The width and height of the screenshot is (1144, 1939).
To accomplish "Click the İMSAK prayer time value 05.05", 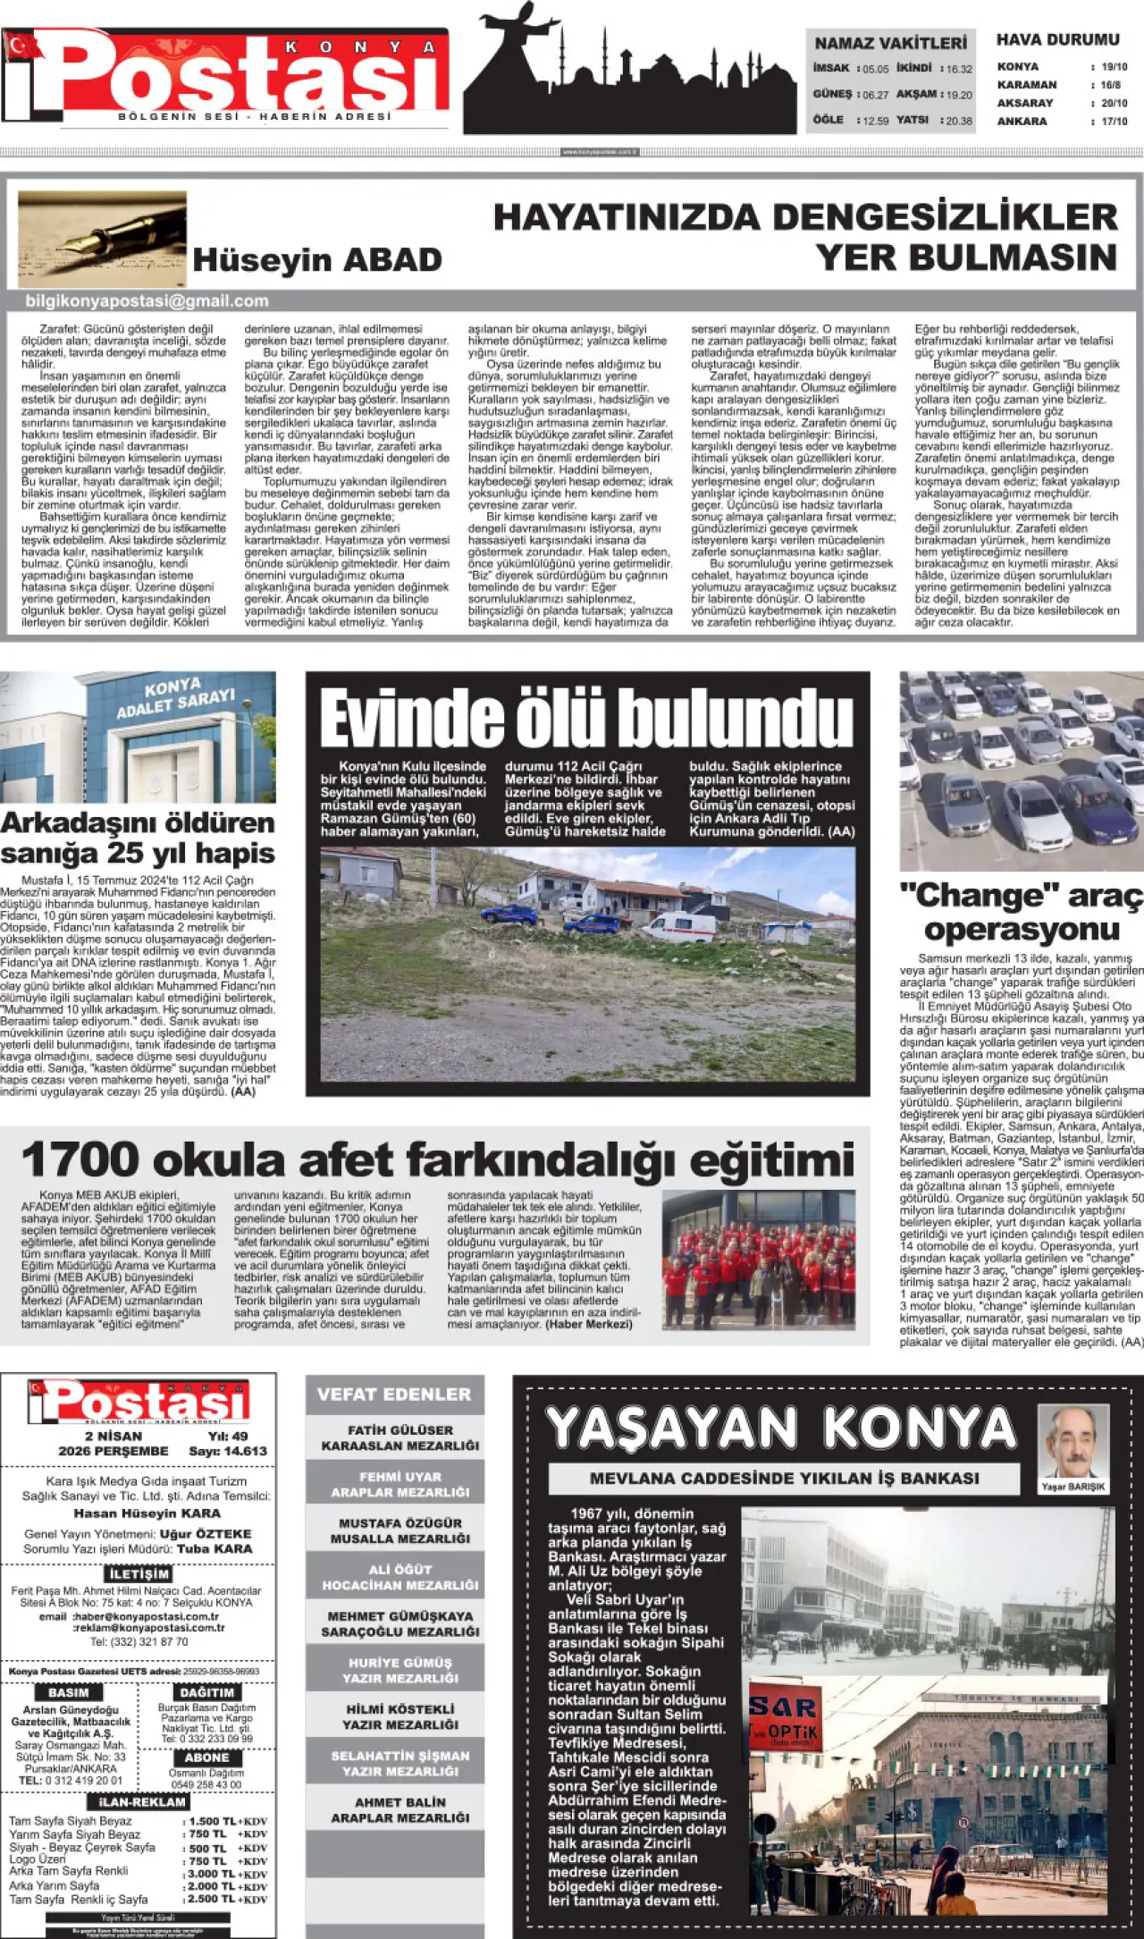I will [876, 69].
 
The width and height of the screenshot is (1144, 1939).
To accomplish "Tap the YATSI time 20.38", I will [958, 121].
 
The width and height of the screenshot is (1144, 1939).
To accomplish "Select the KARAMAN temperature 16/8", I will [1111, 85].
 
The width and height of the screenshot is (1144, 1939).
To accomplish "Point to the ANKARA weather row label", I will [1022, 122].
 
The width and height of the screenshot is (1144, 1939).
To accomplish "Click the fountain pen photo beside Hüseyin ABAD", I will [102, 239].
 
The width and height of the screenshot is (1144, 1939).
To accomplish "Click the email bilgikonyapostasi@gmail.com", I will [147, 301].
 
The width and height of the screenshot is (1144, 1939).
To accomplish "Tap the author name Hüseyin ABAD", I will [317, 260].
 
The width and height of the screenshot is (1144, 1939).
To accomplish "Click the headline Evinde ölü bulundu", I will [586, 718].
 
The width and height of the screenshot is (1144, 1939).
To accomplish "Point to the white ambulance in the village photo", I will [681, 927].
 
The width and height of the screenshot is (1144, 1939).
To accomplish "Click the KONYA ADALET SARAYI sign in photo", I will [175, 697].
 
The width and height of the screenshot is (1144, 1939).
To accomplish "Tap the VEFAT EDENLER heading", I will [393, 1394].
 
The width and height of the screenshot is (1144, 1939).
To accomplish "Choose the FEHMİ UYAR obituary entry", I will [400, 1484].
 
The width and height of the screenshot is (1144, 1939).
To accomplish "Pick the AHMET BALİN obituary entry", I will [400, 1810].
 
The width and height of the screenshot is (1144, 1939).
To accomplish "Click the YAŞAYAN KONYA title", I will [781, 1428].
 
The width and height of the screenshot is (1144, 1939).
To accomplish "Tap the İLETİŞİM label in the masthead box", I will [139, 1573].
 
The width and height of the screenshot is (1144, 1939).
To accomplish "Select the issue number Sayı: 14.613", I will [228, 1451].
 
